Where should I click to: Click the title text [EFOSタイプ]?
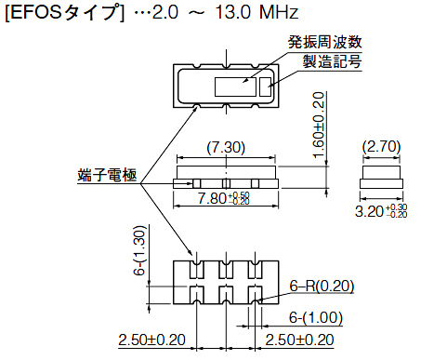pos(65,13)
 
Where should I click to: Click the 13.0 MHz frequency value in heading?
pos(256,12)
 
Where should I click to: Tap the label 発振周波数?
pos(325,42)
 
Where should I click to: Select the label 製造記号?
pos(332,61)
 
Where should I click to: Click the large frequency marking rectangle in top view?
pos(235,87)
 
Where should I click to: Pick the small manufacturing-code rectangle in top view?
pos(265,87)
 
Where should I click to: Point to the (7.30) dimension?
pos(226,148)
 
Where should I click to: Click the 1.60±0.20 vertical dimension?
pos(319,125)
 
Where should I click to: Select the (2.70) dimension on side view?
pos(381,146)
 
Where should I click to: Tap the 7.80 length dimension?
pos(224,198)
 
